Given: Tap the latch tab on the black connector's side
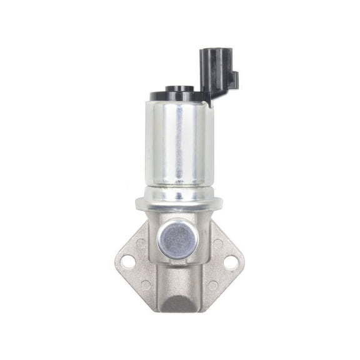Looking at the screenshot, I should (233, 79).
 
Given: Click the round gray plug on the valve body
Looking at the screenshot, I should (176, 239).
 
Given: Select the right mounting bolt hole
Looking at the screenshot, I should (227, 263).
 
